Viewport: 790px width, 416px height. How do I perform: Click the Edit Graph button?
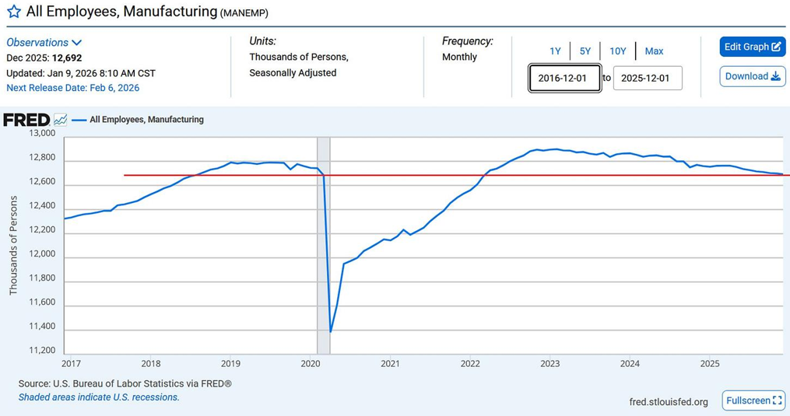pos(752,47)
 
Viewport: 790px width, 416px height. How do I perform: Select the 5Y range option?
pos(585,51)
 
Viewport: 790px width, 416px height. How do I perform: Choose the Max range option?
pos(654,51)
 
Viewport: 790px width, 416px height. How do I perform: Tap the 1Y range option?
pos(555,51)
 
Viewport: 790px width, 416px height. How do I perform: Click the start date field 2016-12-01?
pos(564,79)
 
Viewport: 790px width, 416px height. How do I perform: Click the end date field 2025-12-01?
pos(648,79)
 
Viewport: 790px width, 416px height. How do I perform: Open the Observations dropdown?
pos(44,43)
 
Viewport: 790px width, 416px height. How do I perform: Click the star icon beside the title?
pos(13,12)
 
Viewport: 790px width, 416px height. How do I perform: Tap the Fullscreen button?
pos(753,400)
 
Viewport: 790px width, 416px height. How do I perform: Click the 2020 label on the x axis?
pos(311,363)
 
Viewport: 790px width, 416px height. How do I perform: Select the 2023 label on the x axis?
pos(549,363)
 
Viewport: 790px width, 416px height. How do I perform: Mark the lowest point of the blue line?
pos(331,332)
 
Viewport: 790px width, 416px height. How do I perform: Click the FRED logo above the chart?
pos(26,120)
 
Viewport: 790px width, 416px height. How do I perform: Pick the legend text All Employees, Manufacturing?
pos(146,120)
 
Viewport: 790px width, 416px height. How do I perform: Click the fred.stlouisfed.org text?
pos(668,402)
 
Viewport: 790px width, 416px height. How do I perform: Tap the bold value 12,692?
pos(67,58)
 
